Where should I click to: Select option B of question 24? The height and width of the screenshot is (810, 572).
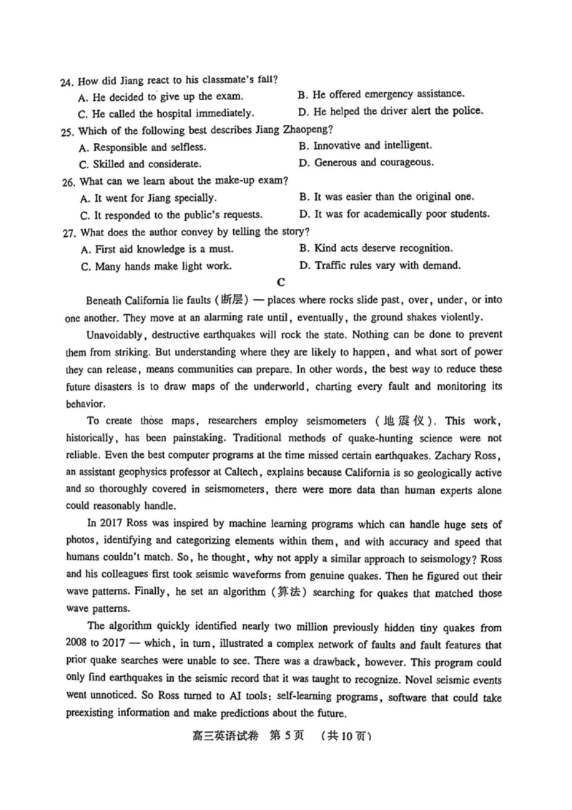click(380, 94)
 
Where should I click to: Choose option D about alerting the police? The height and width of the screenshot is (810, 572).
click(390, 111)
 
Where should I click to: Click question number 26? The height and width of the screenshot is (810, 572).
click(68, 181)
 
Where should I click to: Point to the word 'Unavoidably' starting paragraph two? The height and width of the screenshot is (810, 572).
click(114, 335)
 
